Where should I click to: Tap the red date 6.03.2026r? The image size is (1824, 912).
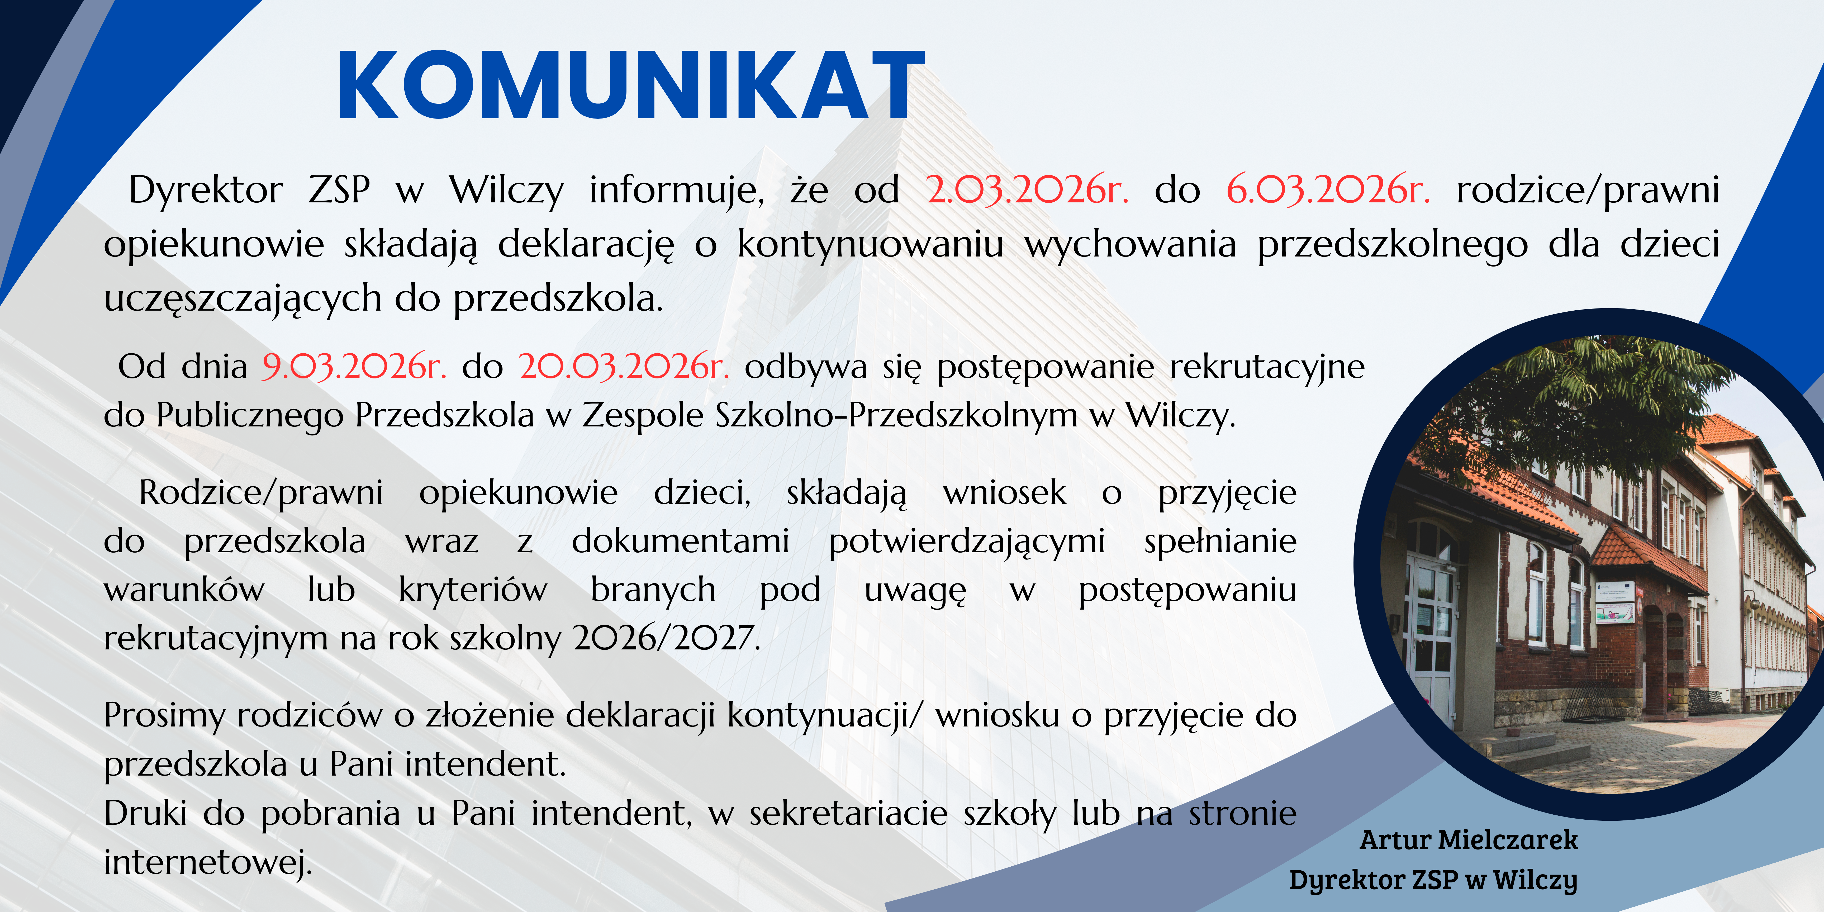pos(1328,190)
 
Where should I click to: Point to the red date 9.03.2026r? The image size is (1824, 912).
pos(354,366)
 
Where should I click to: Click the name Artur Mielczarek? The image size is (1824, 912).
pos(1469,840)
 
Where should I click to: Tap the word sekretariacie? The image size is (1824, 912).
pos(848,813)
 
